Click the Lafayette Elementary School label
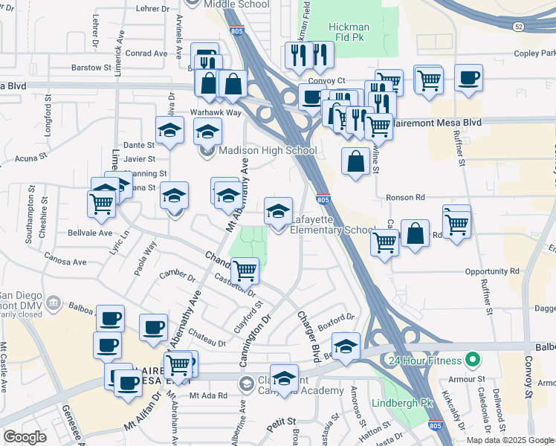click(x=332, y=224)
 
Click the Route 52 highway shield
click(x=518, y=26)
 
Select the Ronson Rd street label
click(x=405, y=198)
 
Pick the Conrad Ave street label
click(x=146, y=54)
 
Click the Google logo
click(x=25, y=437)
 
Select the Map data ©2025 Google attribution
click(x=510, y=439)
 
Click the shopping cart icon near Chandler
click(x=245, y=270)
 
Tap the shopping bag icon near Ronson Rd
click(x=356, y=161)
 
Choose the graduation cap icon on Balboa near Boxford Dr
click(x=346, y=346)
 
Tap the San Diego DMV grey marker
click(x=53, y=303)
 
